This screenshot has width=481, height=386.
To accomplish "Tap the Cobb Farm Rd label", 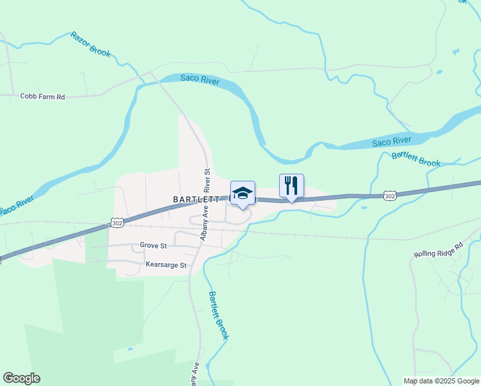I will [42, 96].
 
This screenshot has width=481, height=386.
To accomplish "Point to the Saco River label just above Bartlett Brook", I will [392, 140].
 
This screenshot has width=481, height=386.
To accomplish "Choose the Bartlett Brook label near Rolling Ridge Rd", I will [416, 158].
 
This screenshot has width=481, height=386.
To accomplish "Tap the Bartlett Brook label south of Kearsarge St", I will [218, 315].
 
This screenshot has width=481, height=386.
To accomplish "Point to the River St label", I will [207, 181].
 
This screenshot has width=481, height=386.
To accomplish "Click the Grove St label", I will [154, 245].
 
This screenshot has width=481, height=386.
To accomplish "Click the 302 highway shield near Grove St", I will [116, 223].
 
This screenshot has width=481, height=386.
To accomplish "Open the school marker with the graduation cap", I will [242, 194].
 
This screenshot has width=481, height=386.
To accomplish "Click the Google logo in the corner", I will [21, 378].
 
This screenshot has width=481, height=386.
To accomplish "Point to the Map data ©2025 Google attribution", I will [440, 381].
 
